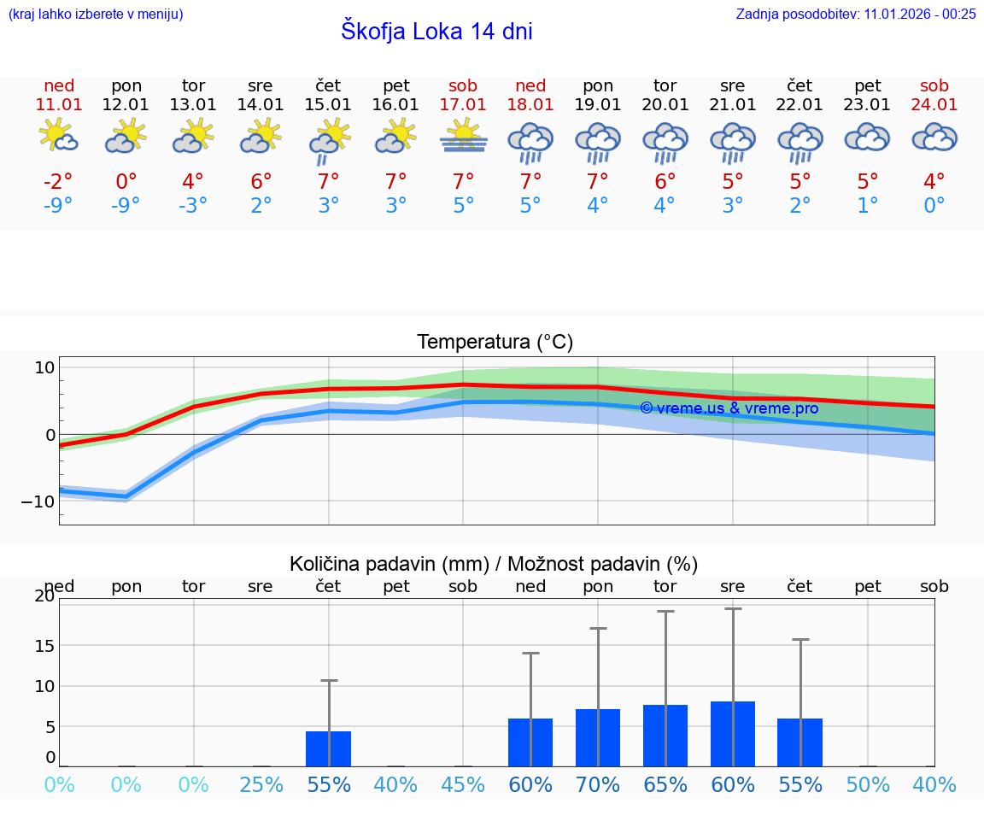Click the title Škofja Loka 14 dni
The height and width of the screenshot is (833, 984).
(x=436, y=32)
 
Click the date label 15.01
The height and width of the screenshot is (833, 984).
(x=328, y=104)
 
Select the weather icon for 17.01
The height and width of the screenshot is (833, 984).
(x=463, y=138)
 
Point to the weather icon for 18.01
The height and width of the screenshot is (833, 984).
(x=530, y=142)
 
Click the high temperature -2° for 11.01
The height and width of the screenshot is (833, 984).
(x=58, y=181)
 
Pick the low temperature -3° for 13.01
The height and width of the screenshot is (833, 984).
(x=193, y=205)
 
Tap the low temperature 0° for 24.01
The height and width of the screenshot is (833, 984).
(x=934, y=205)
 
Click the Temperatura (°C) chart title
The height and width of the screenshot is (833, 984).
(x=495, y=342)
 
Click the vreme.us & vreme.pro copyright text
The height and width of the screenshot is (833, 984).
(x=729, y=408)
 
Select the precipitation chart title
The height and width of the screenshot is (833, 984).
(x=494, y=564)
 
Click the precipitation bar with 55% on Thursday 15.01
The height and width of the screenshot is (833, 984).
(x=328, y=748)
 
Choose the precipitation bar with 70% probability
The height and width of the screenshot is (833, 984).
(x=598, y=737)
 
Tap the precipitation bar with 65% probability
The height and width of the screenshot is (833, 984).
(x=665, y=735)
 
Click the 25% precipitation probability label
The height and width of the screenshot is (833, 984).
(x=261, y=784)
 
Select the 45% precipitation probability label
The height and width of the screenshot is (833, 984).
(x=463, y=784)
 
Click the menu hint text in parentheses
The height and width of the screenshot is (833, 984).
(x=95, y=14)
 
